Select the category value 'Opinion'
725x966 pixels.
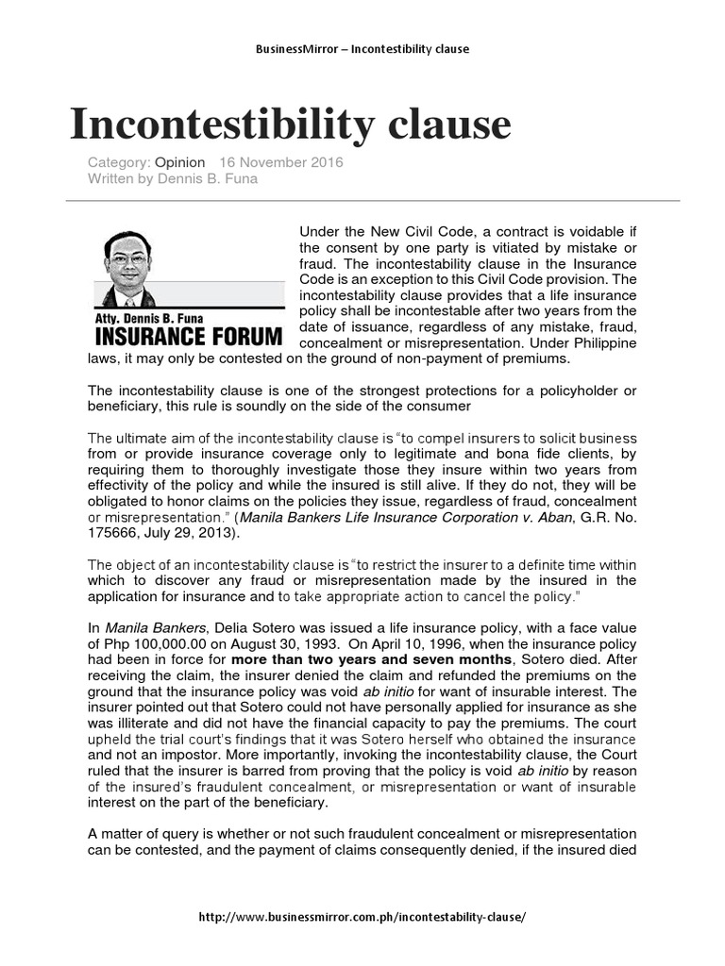click(x=179, y=162)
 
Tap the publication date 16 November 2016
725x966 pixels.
click(x=281, y=162)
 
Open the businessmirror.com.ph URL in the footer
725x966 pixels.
click(x=362, y=917)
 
